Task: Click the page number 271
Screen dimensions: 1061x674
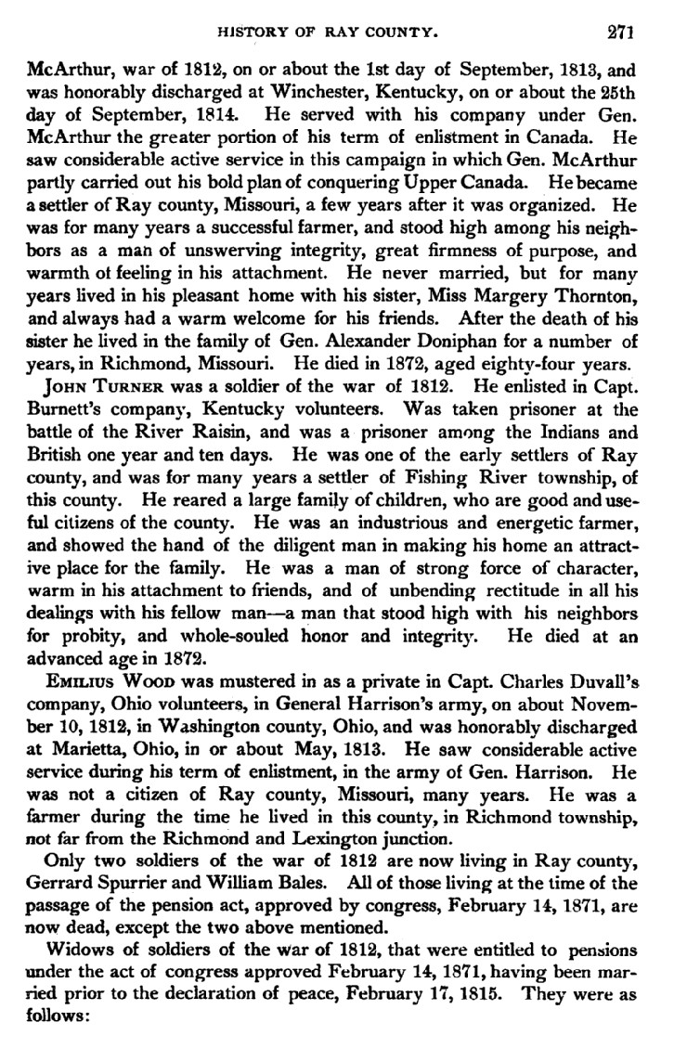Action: tap(619, 32)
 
